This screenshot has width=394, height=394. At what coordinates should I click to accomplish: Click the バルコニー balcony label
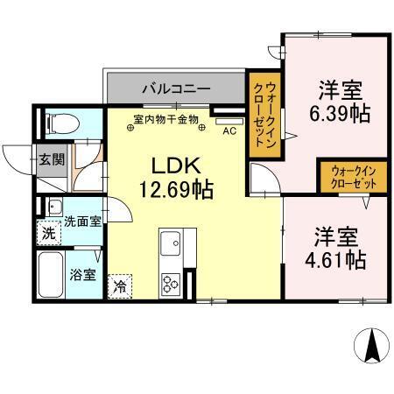tap(176, 89)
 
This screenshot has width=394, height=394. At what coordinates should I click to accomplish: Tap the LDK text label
tap(176, 165)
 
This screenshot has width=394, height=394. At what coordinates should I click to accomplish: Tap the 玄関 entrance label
tap(51, 160)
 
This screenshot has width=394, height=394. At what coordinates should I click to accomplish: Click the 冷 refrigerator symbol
tap(120, 285)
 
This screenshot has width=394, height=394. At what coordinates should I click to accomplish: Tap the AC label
tap(229, 131)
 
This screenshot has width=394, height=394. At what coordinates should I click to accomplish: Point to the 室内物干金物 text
tap(166, 119)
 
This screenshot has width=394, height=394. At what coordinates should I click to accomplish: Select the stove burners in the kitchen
tap(170, 282)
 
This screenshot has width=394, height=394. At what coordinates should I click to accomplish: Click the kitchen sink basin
tap(170, 241)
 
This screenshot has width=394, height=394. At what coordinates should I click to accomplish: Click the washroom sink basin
tap(53, 208)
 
